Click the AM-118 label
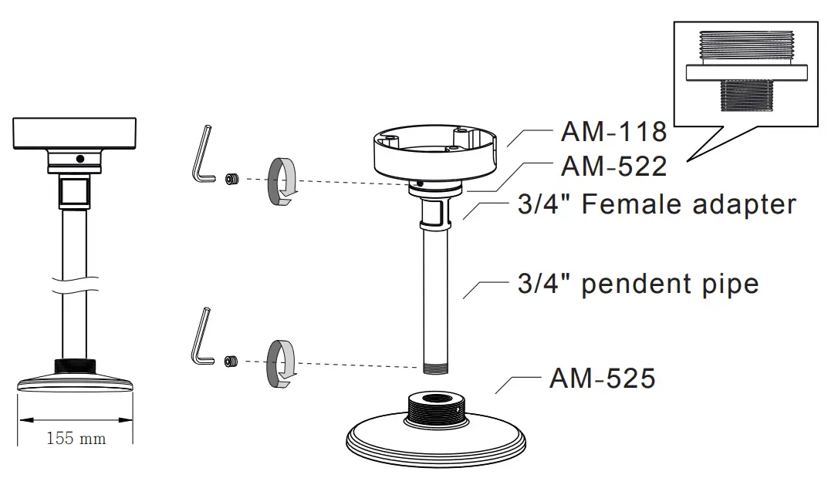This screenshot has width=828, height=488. pos(613,131)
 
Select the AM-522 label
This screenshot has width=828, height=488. pos(613,167)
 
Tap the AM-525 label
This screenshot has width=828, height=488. pos(602,378)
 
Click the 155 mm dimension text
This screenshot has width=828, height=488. pos(76,439)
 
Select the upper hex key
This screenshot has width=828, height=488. pos(201,154)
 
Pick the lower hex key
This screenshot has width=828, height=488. pos(201,336)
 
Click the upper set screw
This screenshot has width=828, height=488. pos(232,179)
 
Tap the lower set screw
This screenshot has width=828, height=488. pos(231,362)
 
